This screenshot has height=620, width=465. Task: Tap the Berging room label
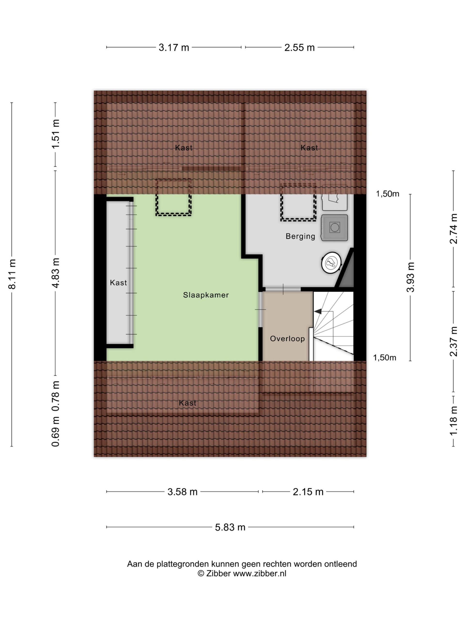[300, 236]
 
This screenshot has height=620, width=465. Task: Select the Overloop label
[287, 339]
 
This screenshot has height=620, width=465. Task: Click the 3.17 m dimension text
[174, 48]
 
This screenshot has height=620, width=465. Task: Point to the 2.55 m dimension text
[299, 48]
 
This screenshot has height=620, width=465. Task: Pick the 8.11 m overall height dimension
[12, 274]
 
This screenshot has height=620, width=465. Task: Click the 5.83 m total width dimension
[230, 527]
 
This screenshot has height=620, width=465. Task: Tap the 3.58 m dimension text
[182, 492]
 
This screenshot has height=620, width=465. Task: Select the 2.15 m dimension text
[308, 492]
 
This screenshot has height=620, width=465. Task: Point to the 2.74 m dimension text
[454, 229]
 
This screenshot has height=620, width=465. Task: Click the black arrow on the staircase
[318, 311]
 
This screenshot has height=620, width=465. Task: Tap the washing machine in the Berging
[334, 228]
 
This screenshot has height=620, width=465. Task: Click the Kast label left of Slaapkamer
[118, 283]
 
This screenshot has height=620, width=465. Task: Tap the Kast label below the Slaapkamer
[187, 403]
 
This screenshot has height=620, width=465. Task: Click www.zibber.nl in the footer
[260, 573]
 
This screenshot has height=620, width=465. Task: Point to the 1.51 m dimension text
[55, 134]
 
